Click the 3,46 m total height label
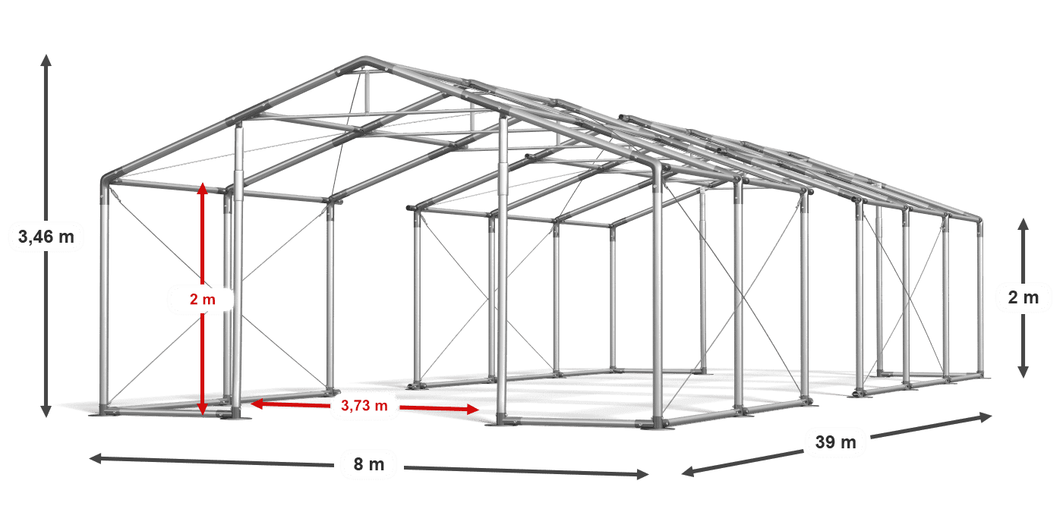[46, 236]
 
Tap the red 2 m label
[203, 299]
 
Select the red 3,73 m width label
[364, 405]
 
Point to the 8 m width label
[369, 464]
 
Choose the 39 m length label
[836, 441]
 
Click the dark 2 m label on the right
[1024, 297]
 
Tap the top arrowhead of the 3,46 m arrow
[46, 60]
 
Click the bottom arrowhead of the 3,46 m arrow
[46, 411]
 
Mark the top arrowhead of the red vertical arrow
[203, 189]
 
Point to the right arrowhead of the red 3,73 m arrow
[473, 409]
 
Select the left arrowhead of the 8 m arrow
[96, 458]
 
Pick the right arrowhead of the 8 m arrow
[642, 474]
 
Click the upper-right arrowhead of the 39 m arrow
[986, 416]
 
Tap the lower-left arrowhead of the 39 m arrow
[688, 472]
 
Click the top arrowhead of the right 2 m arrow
[1024, 225]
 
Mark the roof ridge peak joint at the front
[365, 61]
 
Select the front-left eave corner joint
[106, 181]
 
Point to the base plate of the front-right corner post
[658, 426]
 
